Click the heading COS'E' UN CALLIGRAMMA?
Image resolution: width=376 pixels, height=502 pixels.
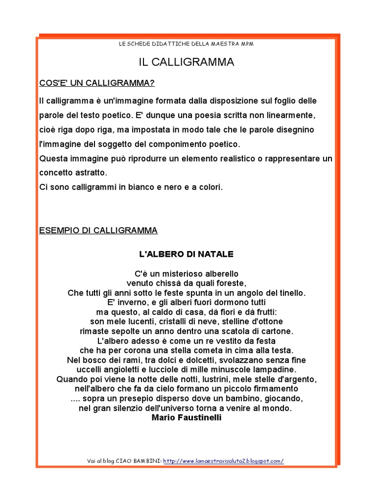pyautogui.click(x=97, y=83)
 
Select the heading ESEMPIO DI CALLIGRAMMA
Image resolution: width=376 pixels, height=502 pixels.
pyautogui.click(x=98, y=230)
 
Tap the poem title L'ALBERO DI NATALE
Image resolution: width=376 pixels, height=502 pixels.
pyautogui.click(x=186, y=254)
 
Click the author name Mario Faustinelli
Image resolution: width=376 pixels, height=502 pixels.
pyautogui.click(x=187, y=418)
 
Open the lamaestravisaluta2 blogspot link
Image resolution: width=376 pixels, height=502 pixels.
pyautogui.click(x=223, y=461)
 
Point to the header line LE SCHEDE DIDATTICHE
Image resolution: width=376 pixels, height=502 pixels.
pyautogui.click(x=186, y=44)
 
